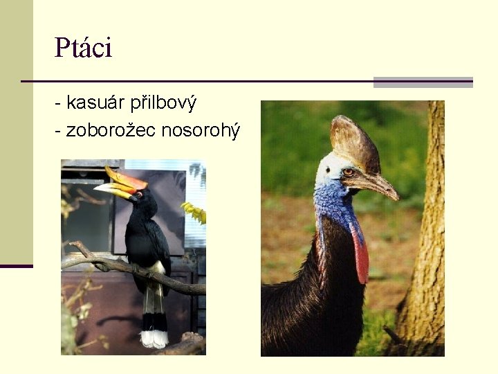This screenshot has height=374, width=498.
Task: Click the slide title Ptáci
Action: tap(83, 48)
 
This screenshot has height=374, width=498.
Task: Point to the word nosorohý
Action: tap(201, 130)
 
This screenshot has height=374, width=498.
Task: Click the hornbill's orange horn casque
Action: tap(124, 179)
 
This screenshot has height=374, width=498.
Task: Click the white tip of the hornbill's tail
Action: tap(154, 338)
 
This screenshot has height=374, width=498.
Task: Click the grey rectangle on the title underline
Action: tap(423, 82)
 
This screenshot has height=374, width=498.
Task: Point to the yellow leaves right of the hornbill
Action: tap(194, 212)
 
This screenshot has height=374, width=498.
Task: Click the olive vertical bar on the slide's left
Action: tap(16, 132)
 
